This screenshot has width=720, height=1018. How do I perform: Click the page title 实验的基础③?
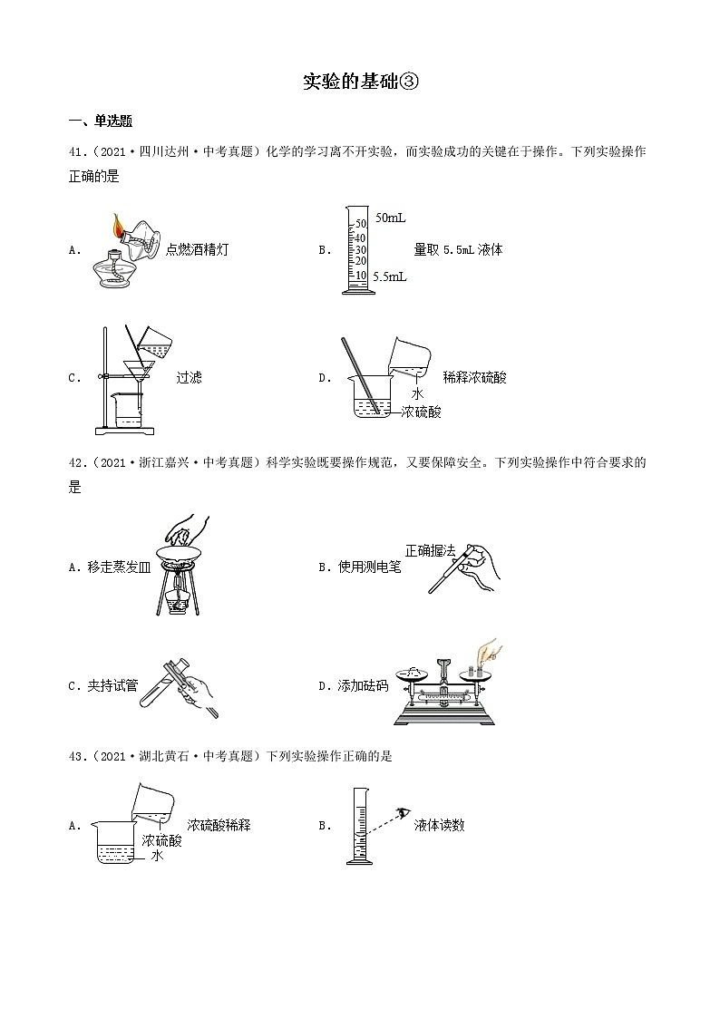click(360, 82)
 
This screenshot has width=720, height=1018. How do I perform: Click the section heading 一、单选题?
click(101, 122)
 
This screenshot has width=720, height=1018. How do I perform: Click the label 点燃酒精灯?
click(197, 250)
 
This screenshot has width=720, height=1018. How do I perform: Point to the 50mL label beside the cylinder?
click(390, 218)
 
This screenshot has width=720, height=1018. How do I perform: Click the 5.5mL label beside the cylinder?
click(390, 276)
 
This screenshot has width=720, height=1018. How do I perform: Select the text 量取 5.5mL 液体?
click(458, 250)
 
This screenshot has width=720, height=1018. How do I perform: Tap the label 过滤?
click(189, 377)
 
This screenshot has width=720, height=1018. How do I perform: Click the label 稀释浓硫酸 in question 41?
click(474, 377)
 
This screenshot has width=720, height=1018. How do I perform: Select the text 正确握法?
click(430, 549)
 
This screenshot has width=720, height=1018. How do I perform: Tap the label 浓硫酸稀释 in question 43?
click(219, 825)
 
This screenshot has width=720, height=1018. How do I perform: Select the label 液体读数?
click(439, 825)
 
